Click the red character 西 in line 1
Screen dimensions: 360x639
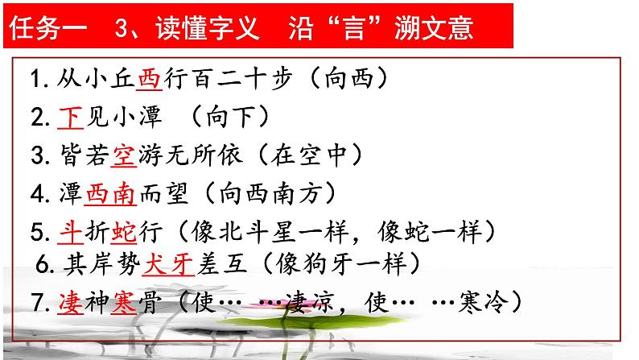click(150, 79)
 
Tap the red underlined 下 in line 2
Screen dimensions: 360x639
click(71, 117)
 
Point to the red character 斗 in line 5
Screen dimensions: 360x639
click(70, 232)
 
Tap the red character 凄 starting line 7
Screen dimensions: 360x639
click(70, 303)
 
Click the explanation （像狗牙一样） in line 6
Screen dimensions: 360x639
click(342, 263)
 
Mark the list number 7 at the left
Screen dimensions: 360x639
click(36, 303)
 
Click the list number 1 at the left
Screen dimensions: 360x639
click(36, 79)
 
